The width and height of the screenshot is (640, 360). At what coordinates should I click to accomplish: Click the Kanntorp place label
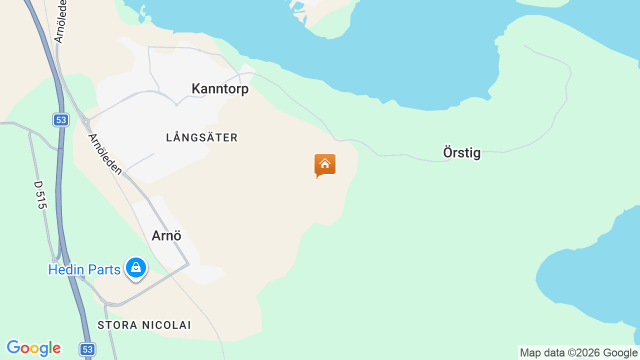220,89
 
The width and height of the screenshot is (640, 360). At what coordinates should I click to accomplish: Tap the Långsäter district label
202,137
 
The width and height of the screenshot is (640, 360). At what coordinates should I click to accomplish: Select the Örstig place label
461,152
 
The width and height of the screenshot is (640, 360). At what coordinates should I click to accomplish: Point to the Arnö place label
166,235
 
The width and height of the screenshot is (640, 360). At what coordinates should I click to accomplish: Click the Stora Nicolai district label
144,325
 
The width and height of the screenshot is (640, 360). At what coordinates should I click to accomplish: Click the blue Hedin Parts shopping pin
135,268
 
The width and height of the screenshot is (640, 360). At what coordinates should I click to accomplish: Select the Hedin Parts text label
84,270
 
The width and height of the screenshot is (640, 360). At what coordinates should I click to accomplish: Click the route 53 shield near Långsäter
61,120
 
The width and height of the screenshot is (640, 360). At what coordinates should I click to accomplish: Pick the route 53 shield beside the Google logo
87,349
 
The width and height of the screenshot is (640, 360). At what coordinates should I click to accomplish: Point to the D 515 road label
40,195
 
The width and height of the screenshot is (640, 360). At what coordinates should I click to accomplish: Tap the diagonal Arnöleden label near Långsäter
105,153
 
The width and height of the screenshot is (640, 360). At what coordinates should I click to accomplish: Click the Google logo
33,348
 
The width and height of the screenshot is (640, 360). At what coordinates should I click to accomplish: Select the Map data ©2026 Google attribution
578,353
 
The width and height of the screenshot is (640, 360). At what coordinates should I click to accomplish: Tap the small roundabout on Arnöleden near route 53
86,121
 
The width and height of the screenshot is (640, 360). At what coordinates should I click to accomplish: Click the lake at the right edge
595,280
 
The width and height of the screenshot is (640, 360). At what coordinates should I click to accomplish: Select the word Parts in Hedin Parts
102,270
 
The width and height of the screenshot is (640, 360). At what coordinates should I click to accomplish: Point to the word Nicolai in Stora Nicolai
166,325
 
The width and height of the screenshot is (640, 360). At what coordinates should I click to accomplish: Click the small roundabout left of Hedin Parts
54,260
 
